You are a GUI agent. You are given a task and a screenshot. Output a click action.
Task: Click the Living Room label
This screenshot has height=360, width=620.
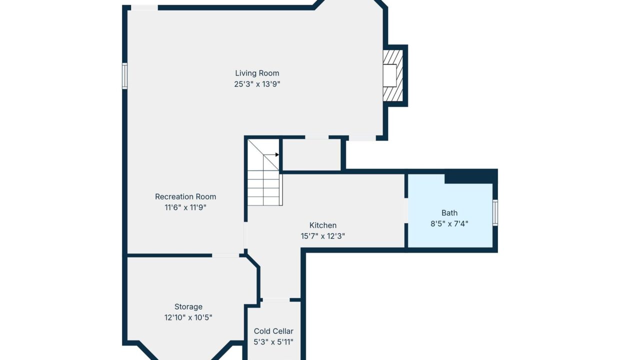tap(257, 73)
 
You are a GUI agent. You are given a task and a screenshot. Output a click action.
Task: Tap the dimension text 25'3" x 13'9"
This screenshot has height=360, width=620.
tap(257, 84)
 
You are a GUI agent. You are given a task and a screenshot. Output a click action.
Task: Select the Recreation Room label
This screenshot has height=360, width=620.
tap(185, 196)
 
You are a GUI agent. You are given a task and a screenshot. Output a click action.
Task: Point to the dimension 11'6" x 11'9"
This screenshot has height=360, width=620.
tap(185, 207)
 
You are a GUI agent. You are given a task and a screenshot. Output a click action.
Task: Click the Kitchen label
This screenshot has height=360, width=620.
tap(322, 225)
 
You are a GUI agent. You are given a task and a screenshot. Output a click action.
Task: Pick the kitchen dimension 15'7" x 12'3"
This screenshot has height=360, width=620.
tap(322, 236)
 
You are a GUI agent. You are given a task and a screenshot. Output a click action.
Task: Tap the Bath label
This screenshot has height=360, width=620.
tap(449, 213)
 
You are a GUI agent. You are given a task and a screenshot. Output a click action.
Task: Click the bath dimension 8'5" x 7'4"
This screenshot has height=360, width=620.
tap(449, 223)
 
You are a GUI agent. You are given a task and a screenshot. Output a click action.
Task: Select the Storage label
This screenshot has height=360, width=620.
tap(188, 306)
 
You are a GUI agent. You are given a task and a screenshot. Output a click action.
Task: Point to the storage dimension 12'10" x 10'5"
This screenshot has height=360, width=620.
tap(188, 317)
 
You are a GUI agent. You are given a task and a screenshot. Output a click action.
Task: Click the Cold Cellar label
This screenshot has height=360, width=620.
tap(273, 331)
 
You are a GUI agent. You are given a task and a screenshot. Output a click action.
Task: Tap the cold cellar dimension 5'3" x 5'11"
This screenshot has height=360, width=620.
tap(273, 342)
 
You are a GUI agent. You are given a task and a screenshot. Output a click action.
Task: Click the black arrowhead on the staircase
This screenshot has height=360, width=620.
tap(277, 154)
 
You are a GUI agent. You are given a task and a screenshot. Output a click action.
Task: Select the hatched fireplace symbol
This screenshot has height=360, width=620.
tap(393, 75)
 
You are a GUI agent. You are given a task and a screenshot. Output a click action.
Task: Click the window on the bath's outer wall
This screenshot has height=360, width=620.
tap(495, 212)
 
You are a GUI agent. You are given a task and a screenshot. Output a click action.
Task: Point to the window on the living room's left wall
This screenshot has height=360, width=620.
tap(125, 76)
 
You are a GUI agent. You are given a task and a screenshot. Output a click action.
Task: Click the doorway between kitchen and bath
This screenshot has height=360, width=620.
tap(406, 210)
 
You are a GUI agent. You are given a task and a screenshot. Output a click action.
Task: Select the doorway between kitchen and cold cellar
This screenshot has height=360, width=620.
tap(276, 300)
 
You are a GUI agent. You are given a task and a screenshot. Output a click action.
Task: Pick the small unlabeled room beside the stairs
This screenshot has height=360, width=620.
tap(311, 154)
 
